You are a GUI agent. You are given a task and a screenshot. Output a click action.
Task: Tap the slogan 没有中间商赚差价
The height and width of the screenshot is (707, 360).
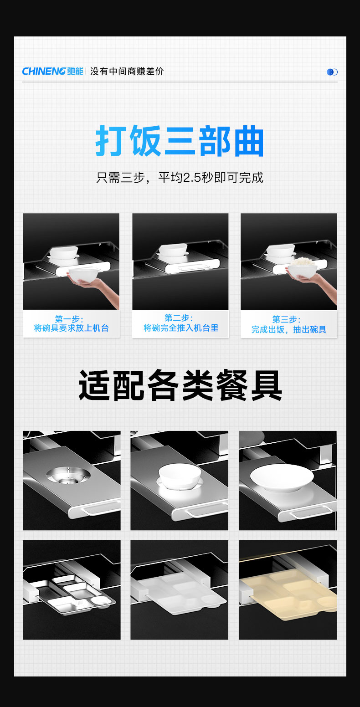point(127,72)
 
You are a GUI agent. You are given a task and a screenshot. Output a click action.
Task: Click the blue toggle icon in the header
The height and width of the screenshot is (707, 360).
point(332,72)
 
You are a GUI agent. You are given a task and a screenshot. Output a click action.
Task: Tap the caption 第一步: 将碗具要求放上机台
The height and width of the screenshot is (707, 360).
point(72,324)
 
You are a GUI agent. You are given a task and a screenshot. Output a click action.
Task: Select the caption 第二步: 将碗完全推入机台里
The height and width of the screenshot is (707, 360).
point(180,323)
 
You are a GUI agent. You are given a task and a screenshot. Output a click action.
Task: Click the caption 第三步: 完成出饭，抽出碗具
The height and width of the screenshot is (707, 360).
point(288,324)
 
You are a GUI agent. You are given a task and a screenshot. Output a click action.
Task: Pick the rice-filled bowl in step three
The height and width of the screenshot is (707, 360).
point(302,269)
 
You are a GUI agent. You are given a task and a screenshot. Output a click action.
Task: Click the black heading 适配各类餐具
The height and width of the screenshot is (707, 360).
point(180,385)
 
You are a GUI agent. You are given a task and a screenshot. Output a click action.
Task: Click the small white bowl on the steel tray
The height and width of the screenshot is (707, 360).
point(180,476)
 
